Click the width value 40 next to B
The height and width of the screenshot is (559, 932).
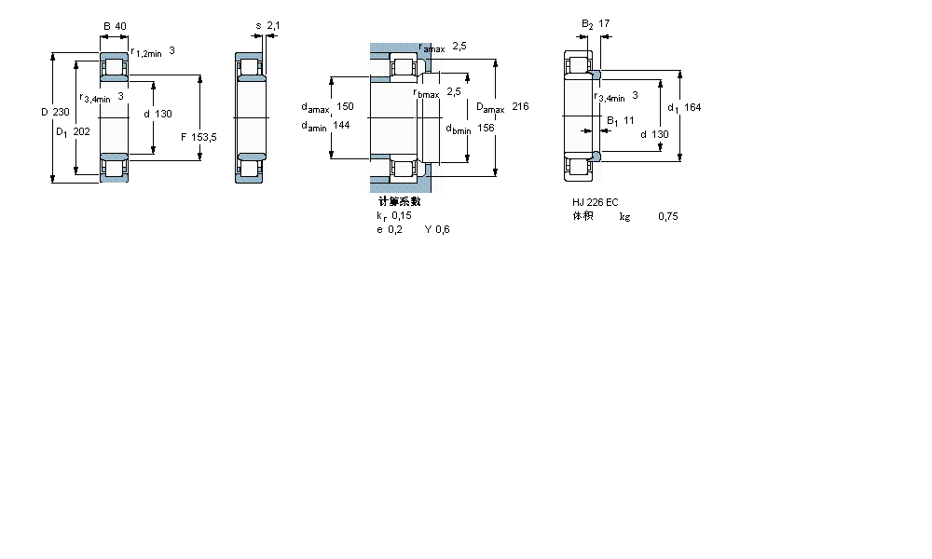121,25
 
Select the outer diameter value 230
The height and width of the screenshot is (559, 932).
62,113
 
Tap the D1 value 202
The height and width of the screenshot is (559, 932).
81,131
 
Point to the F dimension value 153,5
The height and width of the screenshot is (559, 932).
203,137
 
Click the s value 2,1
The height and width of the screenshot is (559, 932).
273,25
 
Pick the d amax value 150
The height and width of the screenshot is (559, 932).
345,107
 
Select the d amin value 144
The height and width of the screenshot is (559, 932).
341,126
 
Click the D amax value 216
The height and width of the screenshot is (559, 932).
520,107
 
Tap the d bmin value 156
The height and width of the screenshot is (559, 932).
486,128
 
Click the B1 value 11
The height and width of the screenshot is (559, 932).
629,120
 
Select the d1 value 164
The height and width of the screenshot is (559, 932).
692,107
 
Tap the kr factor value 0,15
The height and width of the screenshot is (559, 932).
401,215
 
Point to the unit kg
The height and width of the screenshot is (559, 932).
624,216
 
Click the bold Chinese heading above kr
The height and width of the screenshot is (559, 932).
399,201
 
